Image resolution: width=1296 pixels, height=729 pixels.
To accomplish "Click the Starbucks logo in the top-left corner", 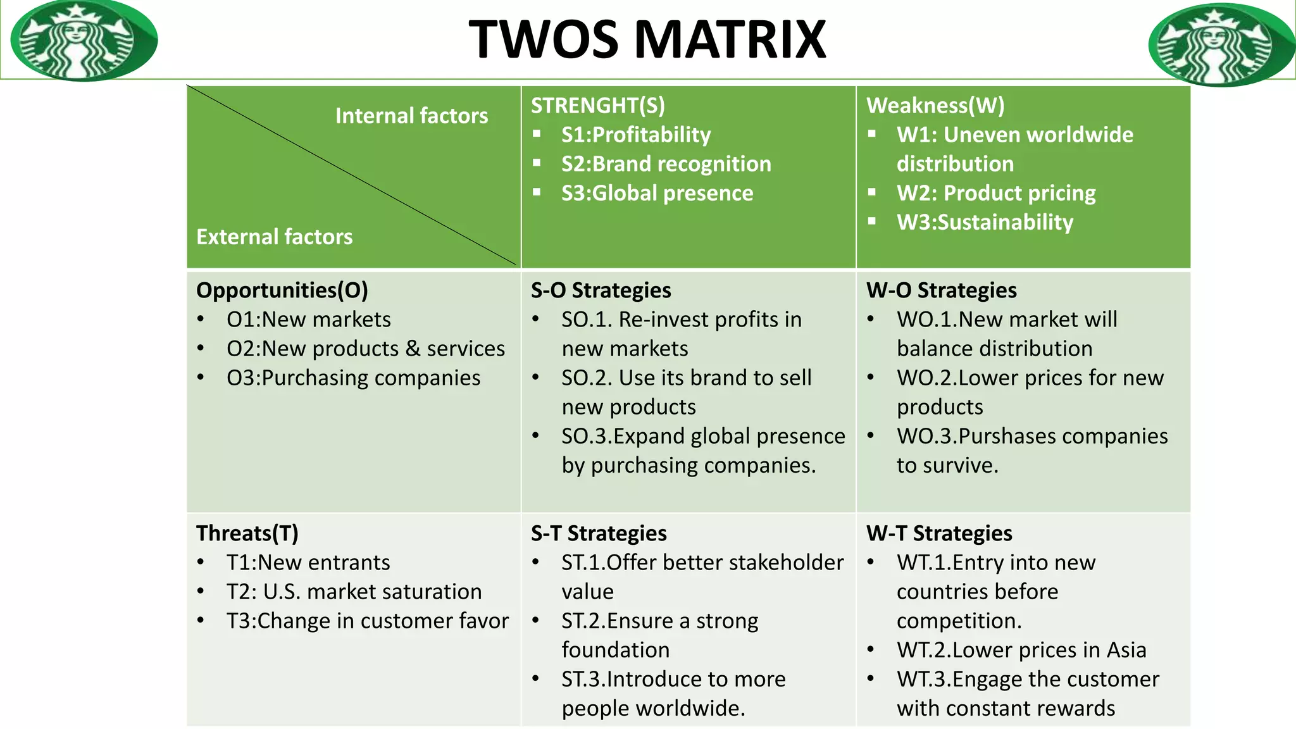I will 84,40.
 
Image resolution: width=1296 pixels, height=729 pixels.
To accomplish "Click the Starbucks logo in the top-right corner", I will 1221,44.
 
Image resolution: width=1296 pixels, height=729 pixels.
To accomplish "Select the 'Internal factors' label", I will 411,116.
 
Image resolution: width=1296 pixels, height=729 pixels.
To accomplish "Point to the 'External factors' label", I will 274,237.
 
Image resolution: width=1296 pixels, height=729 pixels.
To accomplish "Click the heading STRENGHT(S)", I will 597,105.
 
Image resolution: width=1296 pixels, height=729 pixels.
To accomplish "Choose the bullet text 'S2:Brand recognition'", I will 666,164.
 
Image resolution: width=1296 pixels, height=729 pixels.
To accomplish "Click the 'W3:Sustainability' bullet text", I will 985,222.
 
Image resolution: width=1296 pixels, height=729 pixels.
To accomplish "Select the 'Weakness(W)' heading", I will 935,105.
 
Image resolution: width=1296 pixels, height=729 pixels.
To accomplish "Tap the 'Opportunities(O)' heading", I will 282,290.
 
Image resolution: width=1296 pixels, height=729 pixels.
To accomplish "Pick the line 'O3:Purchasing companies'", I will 353,378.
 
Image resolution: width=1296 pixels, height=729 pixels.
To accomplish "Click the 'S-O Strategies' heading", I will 601,290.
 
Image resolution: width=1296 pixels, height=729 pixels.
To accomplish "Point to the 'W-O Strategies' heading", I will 941,290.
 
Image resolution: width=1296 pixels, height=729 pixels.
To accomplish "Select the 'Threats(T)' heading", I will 247,533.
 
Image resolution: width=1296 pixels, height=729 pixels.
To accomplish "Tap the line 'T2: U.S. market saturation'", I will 354,592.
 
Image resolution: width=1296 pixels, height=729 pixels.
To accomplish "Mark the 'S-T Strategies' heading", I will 599,533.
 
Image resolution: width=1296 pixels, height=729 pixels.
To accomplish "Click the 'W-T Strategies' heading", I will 939,533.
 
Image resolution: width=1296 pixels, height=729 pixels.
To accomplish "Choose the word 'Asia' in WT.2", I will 1126,650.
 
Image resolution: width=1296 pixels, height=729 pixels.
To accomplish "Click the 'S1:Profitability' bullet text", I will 635,135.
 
